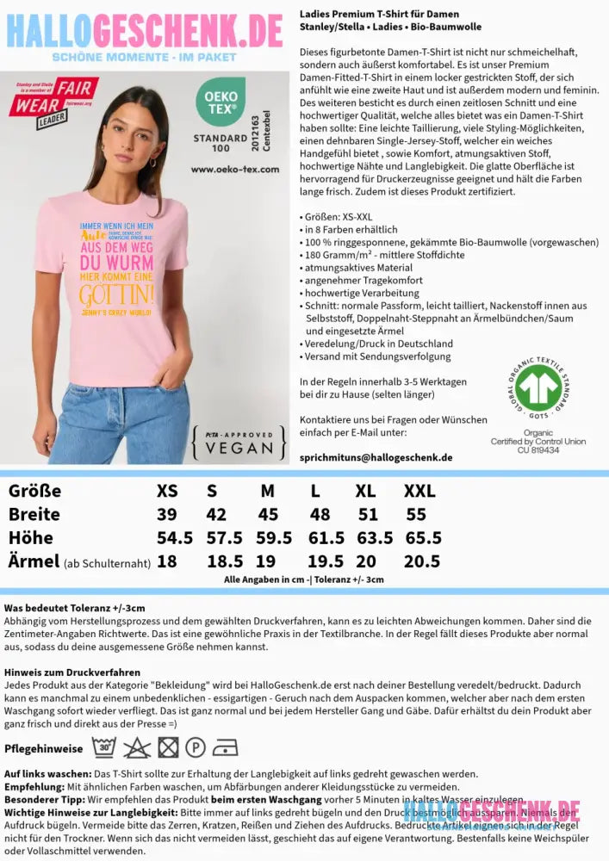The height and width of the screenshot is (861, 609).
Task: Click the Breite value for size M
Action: coord(268,514)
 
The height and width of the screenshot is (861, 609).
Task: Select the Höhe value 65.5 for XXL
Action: coord(423,538)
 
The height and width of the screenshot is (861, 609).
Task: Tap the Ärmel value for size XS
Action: coord(166,561)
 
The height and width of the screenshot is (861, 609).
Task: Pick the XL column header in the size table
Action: coord(366,491)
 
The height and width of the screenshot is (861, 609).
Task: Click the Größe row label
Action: coord(34,491)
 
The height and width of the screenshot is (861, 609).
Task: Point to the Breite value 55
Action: coord(416,514)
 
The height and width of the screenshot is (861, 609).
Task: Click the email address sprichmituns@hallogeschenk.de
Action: coord(376,457)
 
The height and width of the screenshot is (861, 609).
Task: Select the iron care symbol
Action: coord(224,746)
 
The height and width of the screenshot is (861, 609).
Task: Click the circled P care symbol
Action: coord(195,746)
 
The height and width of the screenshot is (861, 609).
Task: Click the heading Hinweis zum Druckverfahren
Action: coord(71,672)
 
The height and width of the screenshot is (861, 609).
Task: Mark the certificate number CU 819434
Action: coord(538,450)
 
